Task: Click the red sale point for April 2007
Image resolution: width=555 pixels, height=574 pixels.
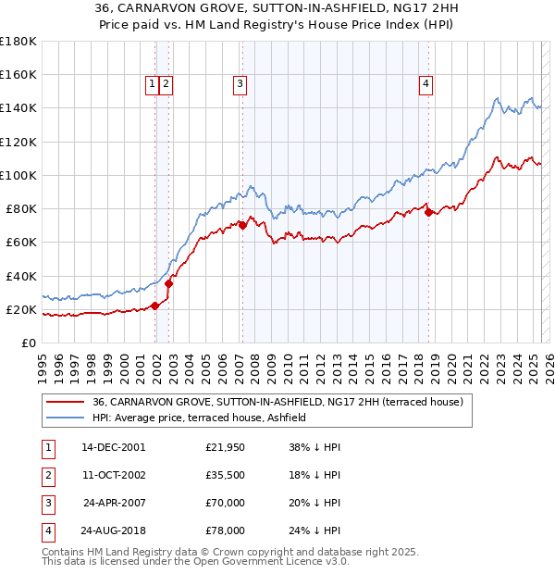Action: (x=242, y=225)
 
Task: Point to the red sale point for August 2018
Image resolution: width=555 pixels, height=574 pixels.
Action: (x=429, y=212)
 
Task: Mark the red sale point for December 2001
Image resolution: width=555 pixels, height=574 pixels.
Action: (x=155, y=306)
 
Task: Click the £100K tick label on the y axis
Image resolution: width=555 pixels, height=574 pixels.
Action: (x=17, y=175)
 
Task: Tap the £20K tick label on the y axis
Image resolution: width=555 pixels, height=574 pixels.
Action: (x=20, y=309)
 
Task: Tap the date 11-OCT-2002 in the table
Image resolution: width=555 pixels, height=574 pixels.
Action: (x=113, y=476)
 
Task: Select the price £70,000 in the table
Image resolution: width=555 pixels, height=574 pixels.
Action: (x=225, y=504)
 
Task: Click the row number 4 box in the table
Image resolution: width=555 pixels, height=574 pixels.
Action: (x=46, y=531)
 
